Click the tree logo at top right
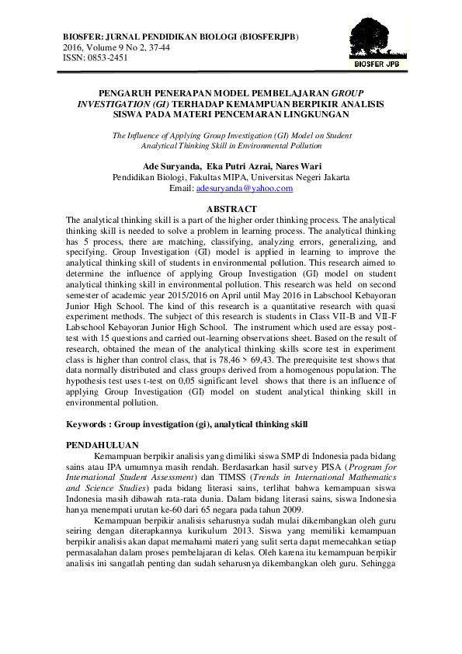[378, 36]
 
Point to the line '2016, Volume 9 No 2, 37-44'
[116, 47]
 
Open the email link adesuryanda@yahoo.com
[245, 189]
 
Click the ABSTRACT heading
[231, 209]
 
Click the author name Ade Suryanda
[172, 166]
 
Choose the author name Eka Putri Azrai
[242, 166]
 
